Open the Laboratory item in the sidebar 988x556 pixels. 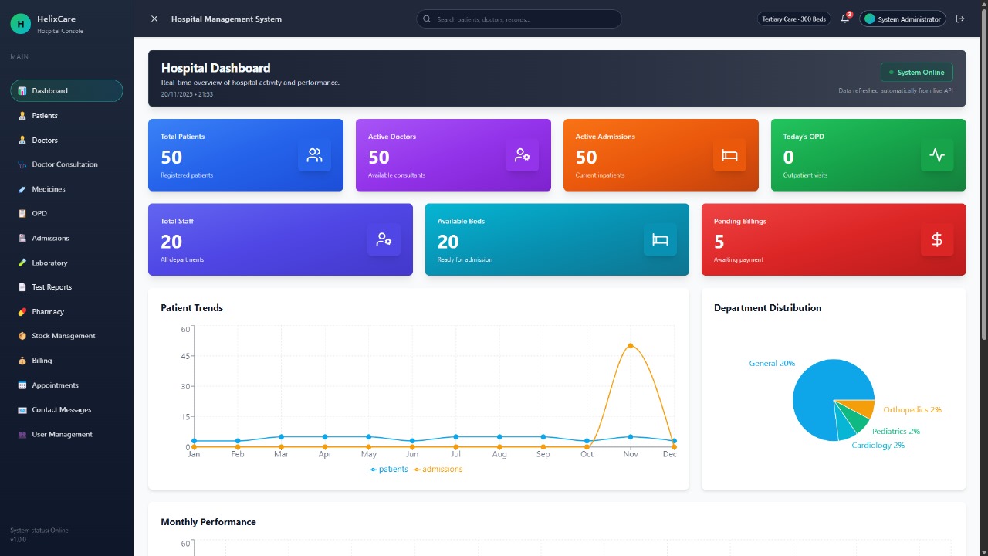[49, 263]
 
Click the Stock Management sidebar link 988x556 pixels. [63, 336]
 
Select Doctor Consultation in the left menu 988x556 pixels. [64, 164]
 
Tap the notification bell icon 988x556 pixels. [844, 19]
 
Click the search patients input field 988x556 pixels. [519, 19]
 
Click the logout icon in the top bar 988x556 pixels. [960, 19]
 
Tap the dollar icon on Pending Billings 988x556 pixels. [937, 239]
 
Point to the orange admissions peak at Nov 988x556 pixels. [631, 345]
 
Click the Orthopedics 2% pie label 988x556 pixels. [912, 410]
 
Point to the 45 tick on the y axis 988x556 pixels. [185, 356]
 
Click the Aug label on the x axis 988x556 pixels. [499, 454]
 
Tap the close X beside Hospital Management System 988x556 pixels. [154, 19]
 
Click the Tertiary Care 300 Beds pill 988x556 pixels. [793, 19]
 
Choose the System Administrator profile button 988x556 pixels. [902, 19]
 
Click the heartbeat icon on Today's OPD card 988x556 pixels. [937, 155]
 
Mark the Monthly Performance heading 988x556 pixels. [208, 522]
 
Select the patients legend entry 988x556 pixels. [389, 470]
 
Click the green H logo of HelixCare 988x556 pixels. [20, 24]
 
